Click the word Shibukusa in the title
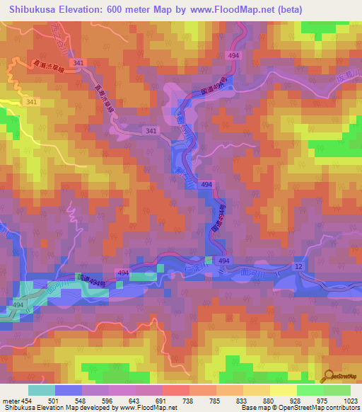pos(35,9)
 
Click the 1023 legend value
pos(350,401)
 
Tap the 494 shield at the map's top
pos(234,55)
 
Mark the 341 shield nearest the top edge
pos(78,63)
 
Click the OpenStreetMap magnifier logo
pos(331,376)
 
